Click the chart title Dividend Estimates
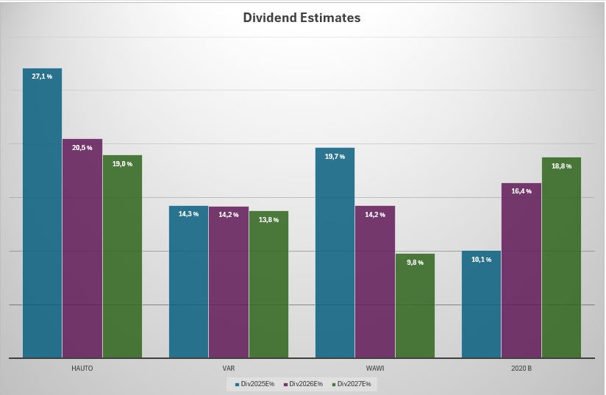pos(302,18)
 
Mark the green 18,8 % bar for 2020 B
pos(561,257)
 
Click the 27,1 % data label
pos(42,76)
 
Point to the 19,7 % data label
pos(335,156)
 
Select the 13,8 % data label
pos(268,220)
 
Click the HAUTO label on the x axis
pos(82,367)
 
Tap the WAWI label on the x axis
pos(374,367)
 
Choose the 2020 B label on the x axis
pos(521,367)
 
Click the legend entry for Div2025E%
pos(254,384)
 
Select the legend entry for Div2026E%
pos(303,384)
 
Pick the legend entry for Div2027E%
pos(352,384)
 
